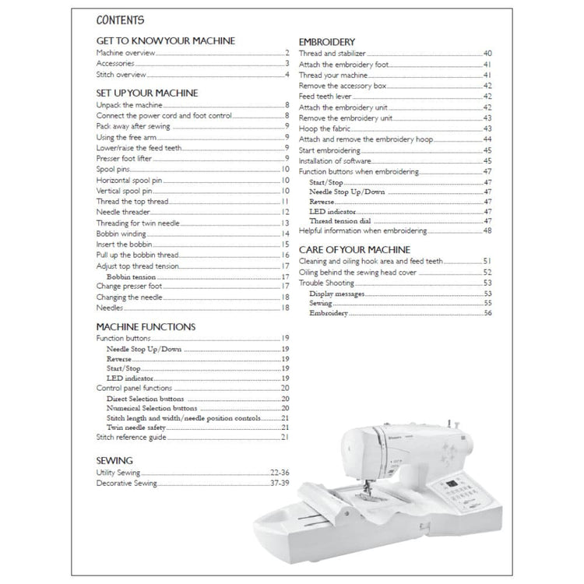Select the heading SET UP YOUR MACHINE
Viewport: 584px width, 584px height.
pos(146,93)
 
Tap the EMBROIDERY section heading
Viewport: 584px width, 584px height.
pos(328,41)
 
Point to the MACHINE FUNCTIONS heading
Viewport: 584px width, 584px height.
pos(146,327)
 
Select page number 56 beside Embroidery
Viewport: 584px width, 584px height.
pos(487,313)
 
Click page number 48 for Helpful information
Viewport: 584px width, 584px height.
pos(487,231)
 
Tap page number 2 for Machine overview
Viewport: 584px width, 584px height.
pos(287,53)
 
